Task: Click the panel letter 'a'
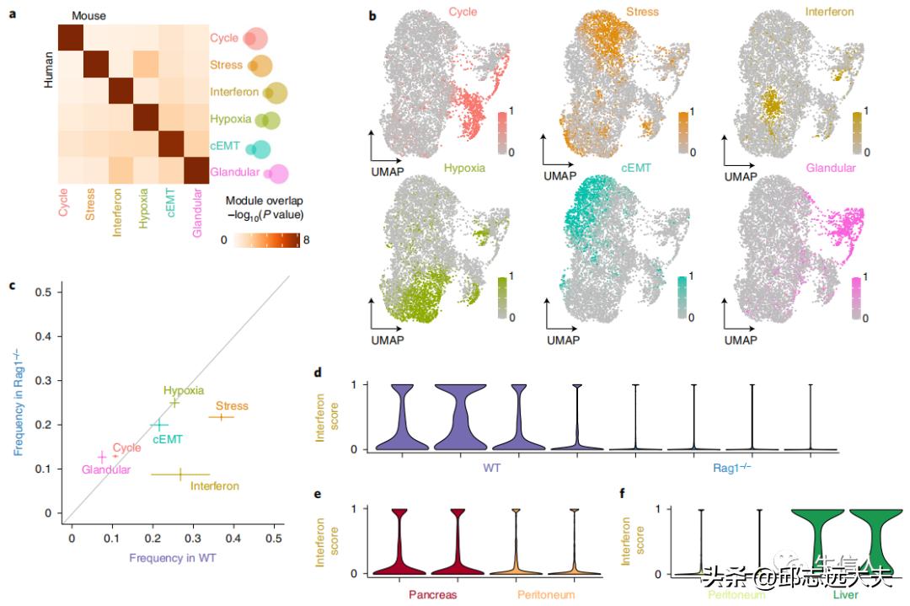click(11, 13)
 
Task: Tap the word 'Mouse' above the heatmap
click(88, 16)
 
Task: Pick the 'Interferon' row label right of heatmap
click(233, 91)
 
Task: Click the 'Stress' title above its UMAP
click(642, 13)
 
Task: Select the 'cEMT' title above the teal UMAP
click(636, 168)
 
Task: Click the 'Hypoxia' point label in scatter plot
click(184, 390)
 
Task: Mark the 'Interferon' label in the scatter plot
click(215, 485)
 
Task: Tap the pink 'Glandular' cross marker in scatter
click(102, 457)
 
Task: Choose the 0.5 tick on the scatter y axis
click(43, 292)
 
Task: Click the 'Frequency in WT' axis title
click(173, 558)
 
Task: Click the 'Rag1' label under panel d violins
click(725, 465)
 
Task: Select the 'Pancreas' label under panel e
click(433, 594)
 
